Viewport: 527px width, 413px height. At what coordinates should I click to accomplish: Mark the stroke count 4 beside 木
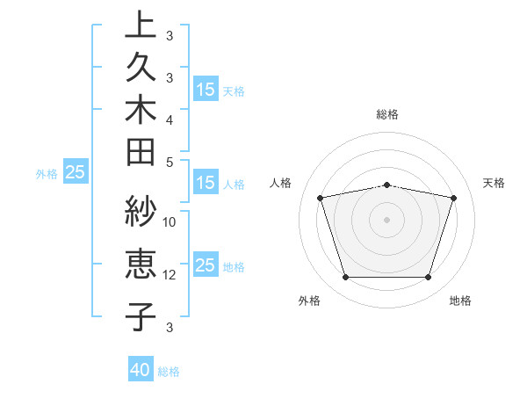pyautogui.click(x=170, y=119)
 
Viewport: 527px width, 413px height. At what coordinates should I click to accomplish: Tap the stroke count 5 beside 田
pyautogui.click(x=170, y=162)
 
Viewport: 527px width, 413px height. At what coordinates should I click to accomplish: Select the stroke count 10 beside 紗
pyautogui.click(x=170, y=221)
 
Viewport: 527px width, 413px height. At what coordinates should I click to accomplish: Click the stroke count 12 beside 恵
pyautogui.click(x=170, y=274)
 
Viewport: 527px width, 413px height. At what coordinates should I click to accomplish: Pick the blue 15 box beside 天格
pyautogui.click(x=206, y=90)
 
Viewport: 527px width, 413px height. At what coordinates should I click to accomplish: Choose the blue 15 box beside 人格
pyautogui.click(x=206, y=184)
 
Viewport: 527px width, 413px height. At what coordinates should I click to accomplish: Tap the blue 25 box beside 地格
pyautogui.click(x=206, y=266)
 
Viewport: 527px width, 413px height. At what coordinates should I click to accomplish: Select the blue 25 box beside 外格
pyautogui.click(x=76, y=173)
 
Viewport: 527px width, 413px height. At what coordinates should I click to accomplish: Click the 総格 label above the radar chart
pyautogui.click(x=387, y=114)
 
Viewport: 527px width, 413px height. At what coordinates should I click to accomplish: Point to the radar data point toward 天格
pyautogui.click(x=454, y=198)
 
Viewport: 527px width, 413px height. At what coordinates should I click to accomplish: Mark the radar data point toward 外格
pyautogui.click(x=345, y=278)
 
